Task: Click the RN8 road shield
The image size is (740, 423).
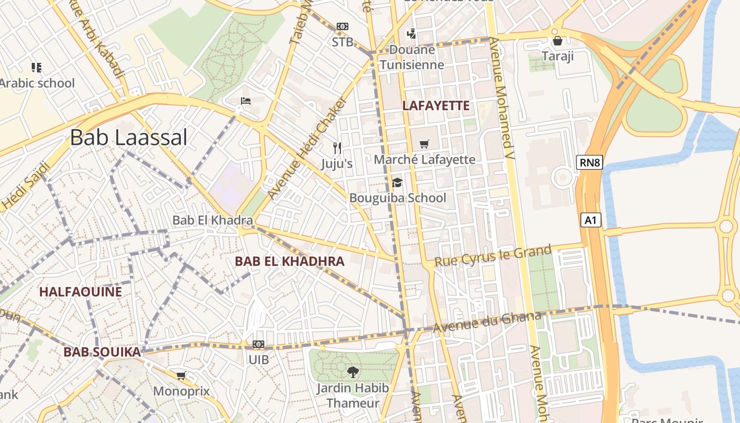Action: pyautogui.click(x=590, y=162)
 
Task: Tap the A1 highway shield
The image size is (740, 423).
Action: pyautogui.click(x=591, y=220)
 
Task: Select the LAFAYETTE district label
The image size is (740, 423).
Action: pyautogui.click(x=436, y=106)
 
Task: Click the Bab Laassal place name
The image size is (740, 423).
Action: pyautogui.click(x=128, y=137)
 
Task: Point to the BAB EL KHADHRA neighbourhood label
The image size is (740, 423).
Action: pyautogui.click(x=289, y=261)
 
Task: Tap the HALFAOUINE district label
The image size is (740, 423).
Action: pyautogui.click(x=80, y=292)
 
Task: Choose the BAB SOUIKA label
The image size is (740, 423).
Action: pyautogui.click(x=102, y=352)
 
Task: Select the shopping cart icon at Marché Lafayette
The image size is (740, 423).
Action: pyautogui.click(x=424, y=144)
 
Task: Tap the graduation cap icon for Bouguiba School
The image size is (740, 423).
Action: pyautogui.click(x=397, y=183)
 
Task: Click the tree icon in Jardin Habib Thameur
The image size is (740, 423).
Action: pyautogui.click(x=353, y=372)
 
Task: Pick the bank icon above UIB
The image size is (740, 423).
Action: pyautogui.click(x=258, y=344)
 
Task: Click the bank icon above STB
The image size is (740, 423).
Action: pyautogui.click(x=343, y=26)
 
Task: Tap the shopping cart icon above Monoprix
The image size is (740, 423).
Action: pyautogui.click(x=181, y=376)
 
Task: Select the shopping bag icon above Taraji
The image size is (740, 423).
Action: pyautogui.click(x=557, y=41)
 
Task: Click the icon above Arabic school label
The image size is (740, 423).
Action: pyautogui.click(x=36, y=67)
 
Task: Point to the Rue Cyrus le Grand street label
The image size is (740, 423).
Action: pyautogui.click(x=493, y=256)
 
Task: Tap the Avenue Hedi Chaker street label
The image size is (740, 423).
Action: pyautogui.click(x=308, y=148)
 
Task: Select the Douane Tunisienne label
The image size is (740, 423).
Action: pyautogui.click(x=412, y=58)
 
